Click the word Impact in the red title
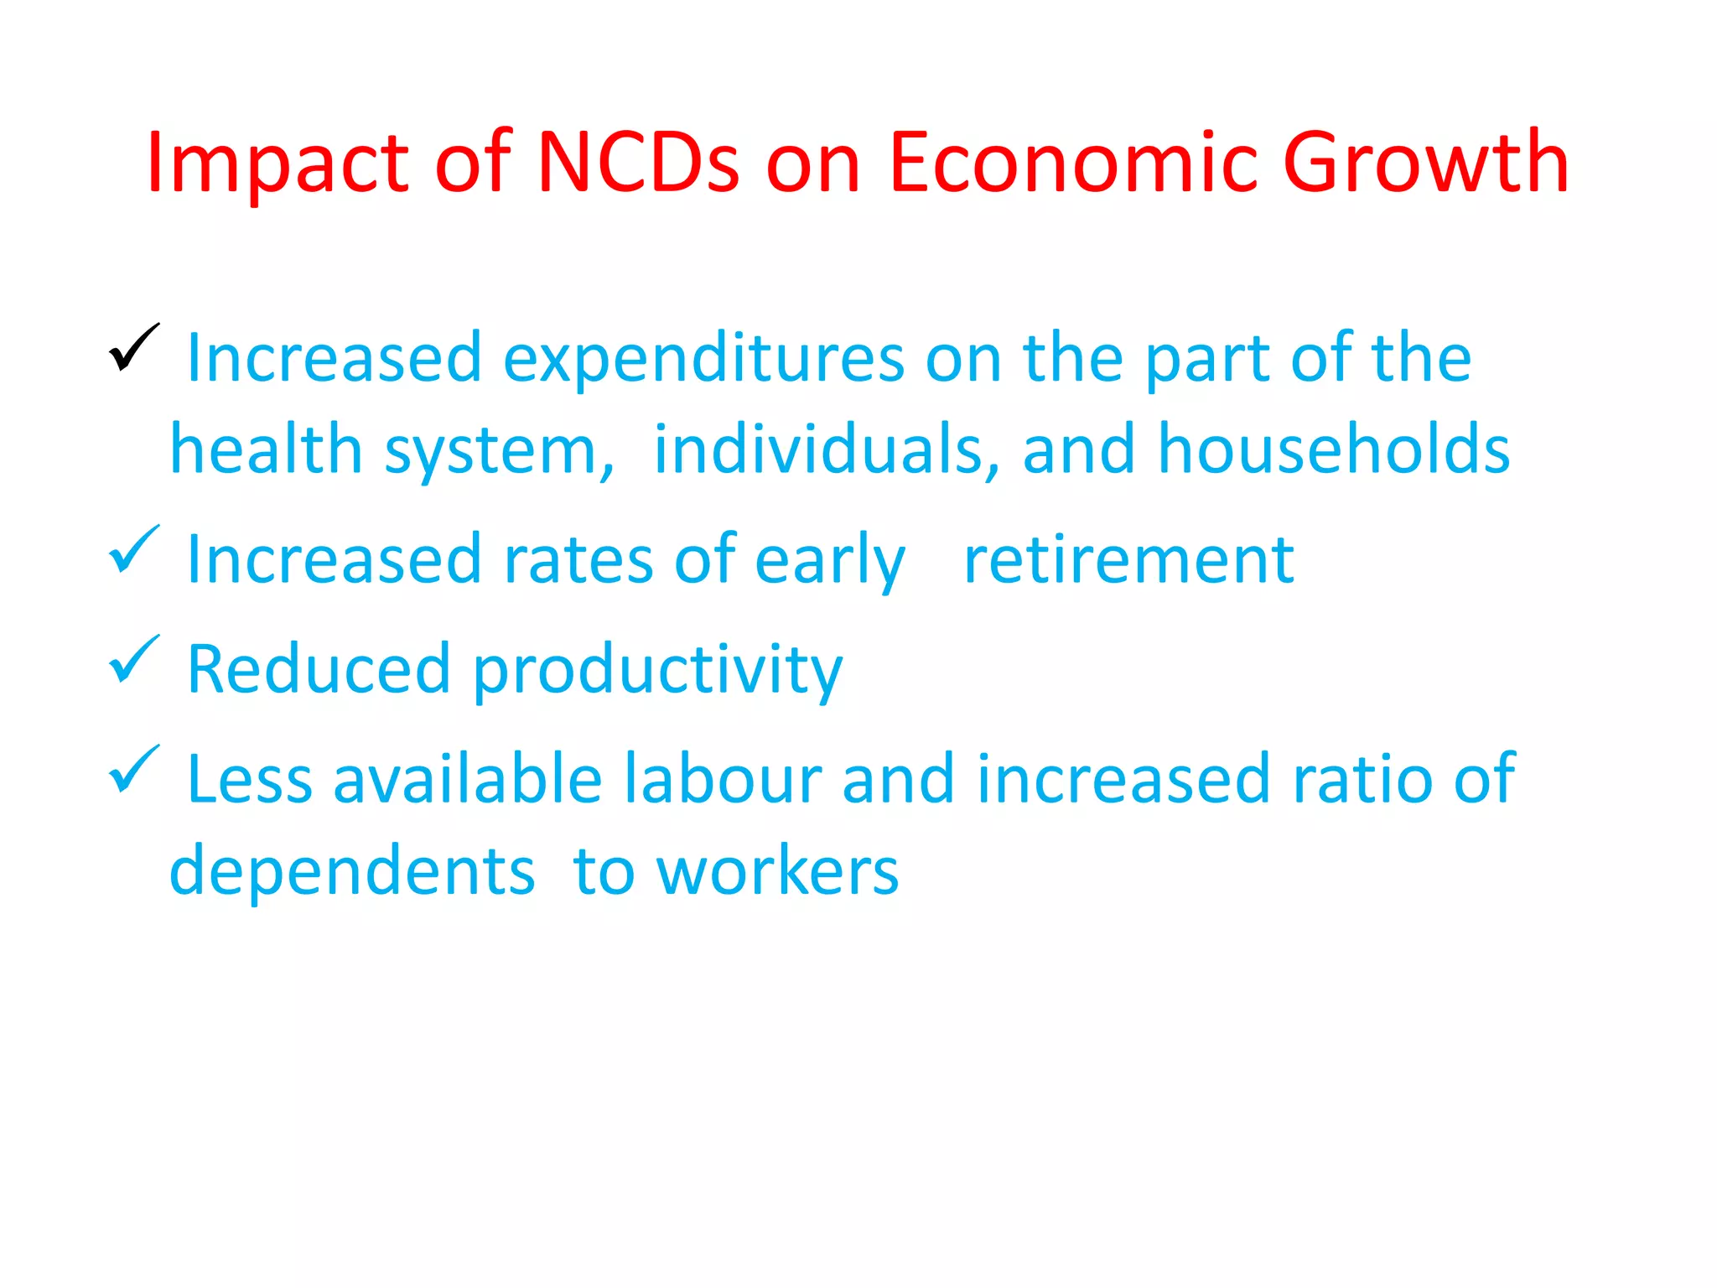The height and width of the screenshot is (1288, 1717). coord(278,164)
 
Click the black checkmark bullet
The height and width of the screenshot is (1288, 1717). coord(133,347)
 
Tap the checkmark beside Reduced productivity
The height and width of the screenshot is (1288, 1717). coord(133,658)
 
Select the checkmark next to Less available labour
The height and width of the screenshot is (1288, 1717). coord(133,769)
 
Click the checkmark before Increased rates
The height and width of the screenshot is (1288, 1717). coord(133,549)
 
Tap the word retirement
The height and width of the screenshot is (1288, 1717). coord(1128,560)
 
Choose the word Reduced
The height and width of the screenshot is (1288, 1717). coord(319,669)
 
